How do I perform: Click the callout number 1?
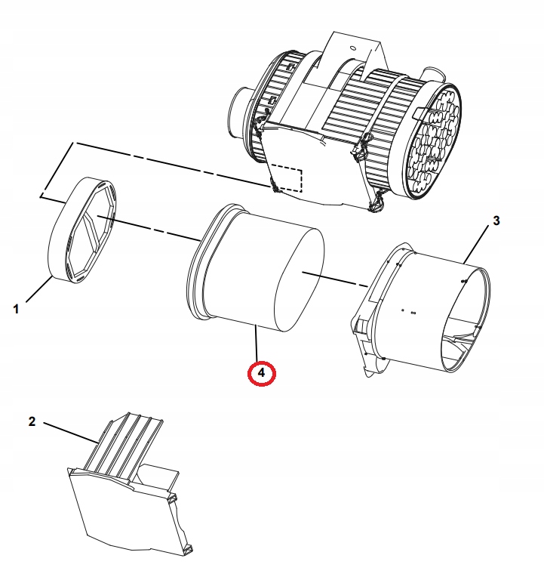click(15, 308)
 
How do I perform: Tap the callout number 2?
click(32, 421)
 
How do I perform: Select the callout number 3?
click(496, 221)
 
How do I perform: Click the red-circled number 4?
click(261, 372)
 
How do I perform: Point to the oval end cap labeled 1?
click(81, 230)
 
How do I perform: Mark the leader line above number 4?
click(257, 344)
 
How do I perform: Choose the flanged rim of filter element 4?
click(198, 264)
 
